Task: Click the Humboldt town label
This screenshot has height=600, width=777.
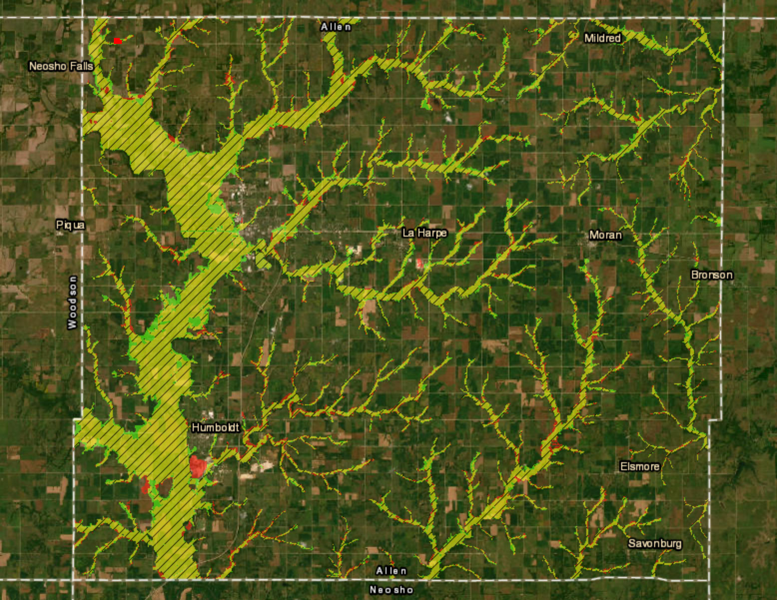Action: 215,428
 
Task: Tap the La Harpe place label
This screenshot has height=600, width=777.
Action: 424,233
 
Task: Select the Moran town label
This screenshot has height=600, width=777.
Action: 605,235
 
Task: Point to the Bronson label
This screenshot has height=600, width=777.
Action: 712,275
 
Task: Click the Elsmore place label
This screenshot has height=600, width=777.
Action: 639,466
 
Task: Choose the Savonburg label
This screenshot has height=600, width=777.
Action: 655,544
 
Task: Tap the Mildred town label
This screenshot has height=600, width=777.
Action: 602,38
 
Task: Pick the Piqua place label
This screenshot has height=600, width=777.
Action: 70,225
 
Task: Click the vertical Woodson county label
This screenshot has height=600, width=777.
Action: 73,302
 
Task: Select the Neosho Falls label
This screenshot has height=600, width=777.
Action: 61,66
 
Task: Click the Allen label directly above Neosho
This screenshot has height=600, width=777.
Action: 391,571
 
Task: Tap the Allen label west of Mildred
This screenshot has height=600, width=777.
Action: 336,26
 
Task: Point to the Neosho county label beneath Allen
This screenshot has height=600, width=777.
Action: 391,590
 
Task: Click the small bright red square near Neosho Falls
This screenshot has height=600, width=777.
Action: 117,41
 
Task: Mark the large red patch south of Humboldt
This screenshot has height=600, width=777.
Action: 198,466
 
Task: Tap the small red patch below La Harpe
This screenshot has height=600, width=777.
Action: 419,263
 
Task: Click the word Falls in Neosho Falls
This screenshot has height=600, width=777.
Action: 81,66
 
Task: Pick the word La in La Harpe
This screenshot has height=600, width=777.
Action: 408,233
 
